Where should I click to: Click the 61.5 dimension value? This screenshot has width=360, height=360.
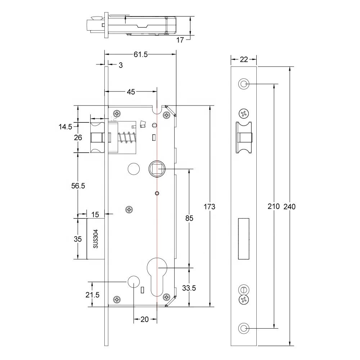click(141, 54)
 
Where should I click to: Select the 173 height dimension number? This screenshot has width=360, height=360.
click(209, 207)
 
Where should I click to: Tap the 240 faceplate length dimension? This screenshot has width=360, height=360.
click(290, 207)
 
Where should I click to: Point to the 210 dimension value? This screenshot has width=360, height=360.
click(274, 207)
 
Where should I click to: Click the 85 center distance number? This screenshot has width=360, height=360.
click(189, 218)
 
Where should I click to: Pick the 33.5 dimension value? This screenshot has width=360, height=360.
click(189, 288)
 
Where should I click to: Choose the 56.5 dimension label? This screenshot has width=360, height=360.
click(78, 186)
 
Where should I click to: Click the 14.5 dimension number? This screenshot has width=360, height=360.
click(65, 126)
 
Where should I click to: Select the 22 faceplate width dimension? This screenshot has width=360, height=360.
click(244, 59)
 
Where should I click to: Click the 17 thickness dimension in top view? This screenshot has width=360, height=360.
click(180, 40)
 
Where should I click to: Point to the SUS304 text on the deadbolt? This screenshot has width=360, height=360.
click(96, 239)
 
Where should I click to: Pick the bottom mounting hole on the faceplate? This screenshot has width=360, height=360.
click(244, 328)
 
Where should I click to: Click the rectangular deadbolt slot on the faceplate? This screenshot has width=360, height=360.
click(244, 239)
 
